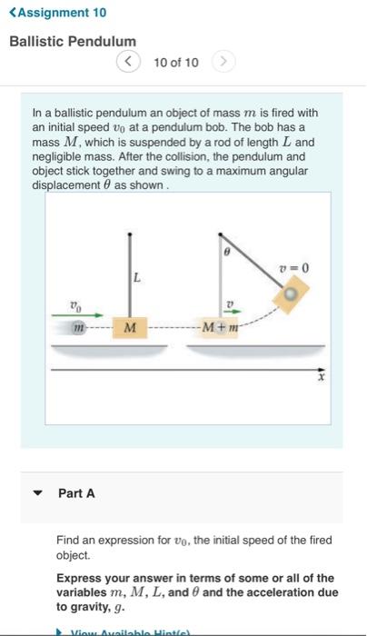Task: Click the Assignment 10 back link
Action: click(x=56, y=13)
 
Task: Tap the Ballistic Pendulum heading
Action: click(x=72, y=42)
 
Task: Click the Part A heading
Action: click(x=76, y=493)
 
